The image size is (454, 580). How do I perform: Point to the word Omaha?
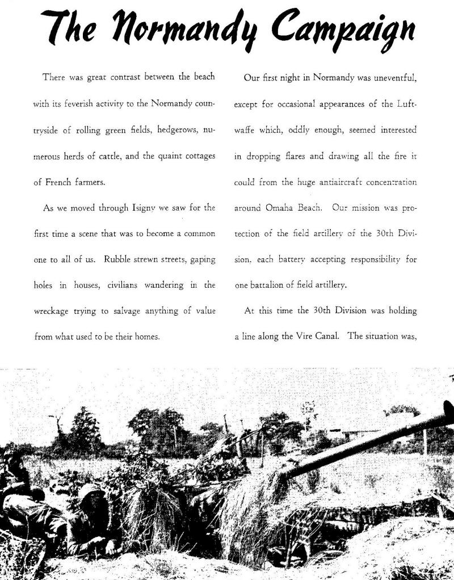click(278, 208)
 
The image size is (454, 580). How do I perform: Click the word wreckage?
click(53, 310)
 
